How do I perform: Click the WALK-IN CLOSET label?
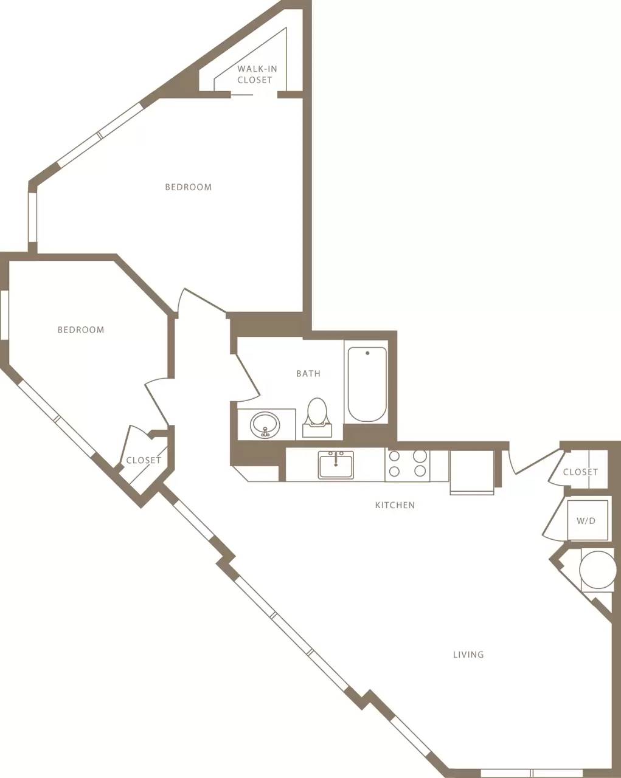point(257,74)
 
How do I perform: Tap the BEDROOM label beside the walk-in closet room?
point(189,187)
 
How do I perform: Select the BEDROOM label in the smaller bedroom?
point(81,330)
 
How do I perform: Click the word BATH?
point(308,374)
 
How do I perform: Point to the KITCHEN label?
point(395,505)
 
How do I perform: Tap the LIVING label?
point(468,655)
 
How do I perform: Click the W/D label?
point(586,521)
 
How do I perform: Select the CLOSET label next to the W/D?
point(580,472)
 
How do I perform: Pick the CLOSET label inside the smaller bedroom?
point(144,460)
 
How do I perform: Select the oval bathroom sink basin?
point(265,424)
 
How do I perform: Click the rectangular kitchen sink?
point(336,466)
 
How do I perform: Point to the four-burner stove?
point(407,464)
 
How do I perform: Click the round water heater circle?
point(597,570)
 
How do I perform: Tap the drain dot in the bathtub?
point(367,353)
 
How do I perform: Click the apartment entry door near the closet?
point(532,462)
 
